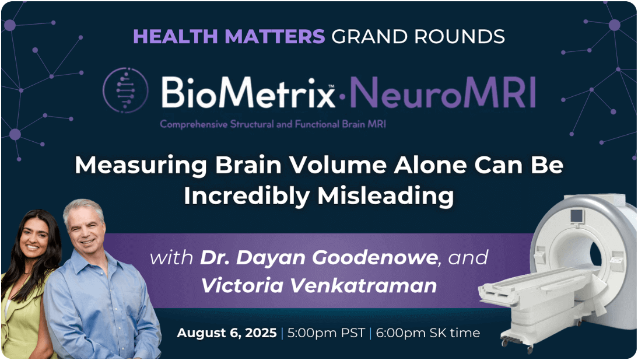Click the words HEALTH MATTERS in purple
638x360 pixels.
pyautogui.click(x=229, y=36)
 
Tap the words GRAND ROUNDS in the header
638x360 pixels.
pyautogui.click(x=418, y=36)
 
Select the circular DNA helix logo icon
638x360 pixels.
pyautogui.click(x=125, y=90)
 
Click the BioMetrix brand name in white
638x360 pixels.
pyautogui.click(x=248, y=92)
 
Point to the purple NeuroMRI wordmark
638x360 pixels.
pyautogui.click(x=442, y=93)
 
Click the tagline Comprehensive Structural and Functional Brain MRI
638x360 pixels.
pyautogui.click(x=272, y=124)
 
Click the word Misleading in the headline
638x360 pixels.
pyautogui.click(x=385, y=196)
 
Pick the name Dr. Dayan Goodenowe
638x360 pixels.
pyautogui.click(x=318, y=257)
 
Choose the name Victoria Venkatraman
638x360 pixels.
pyautogui.click(x=318, y=285)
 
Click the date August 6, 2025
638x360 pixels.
pyautogui.click(x=227, y=333)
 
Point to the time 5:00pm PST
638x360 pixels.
pyautogui.click(x=325, y=333)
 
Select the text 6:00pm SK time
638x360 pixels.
pyautogui.click(x=427, y=333)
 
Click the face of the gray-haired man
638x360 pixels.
pyautogui.click(x=86, y=229)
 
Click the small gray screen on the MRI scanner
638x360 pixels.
pyautogui.click(x=576, y=216)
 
